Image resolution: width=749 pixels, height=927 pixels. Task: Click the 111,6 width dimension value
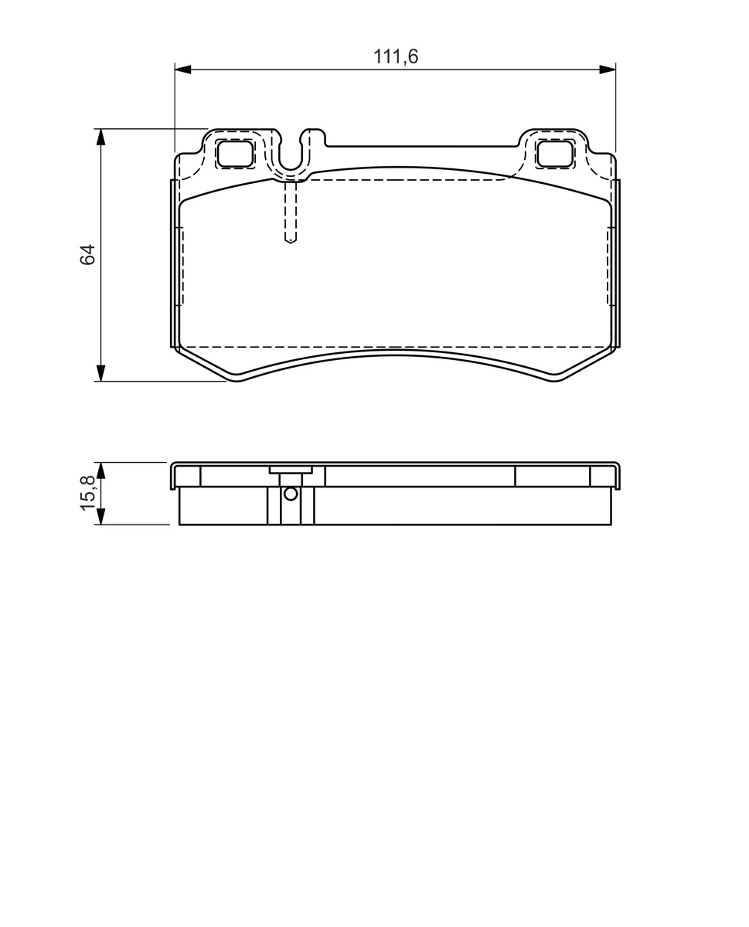click(396, 56)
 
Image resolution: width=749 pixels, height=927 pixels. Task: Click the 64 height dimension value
click(88, 255)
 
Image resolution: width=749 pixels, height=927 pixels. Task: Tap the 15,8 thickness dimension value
click(88, 493)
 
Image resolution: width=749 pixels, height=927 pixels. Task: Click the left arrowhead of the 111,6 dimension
click(183, 70)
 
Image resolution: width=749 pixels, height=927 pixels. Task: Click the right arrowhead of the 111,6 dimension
click(608, 70)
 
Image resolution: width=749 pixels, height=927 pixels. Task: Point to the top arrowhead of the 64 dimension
click(100, 137)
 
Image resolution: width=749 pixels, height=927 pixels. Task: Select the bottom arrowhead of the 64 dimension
click(100, 373)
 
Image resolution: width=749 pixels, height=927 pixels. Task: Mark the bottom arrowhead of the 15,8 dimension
click(100, 516)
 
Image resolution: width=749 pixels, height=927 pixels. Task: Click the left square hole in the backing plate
click(235, 154)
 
